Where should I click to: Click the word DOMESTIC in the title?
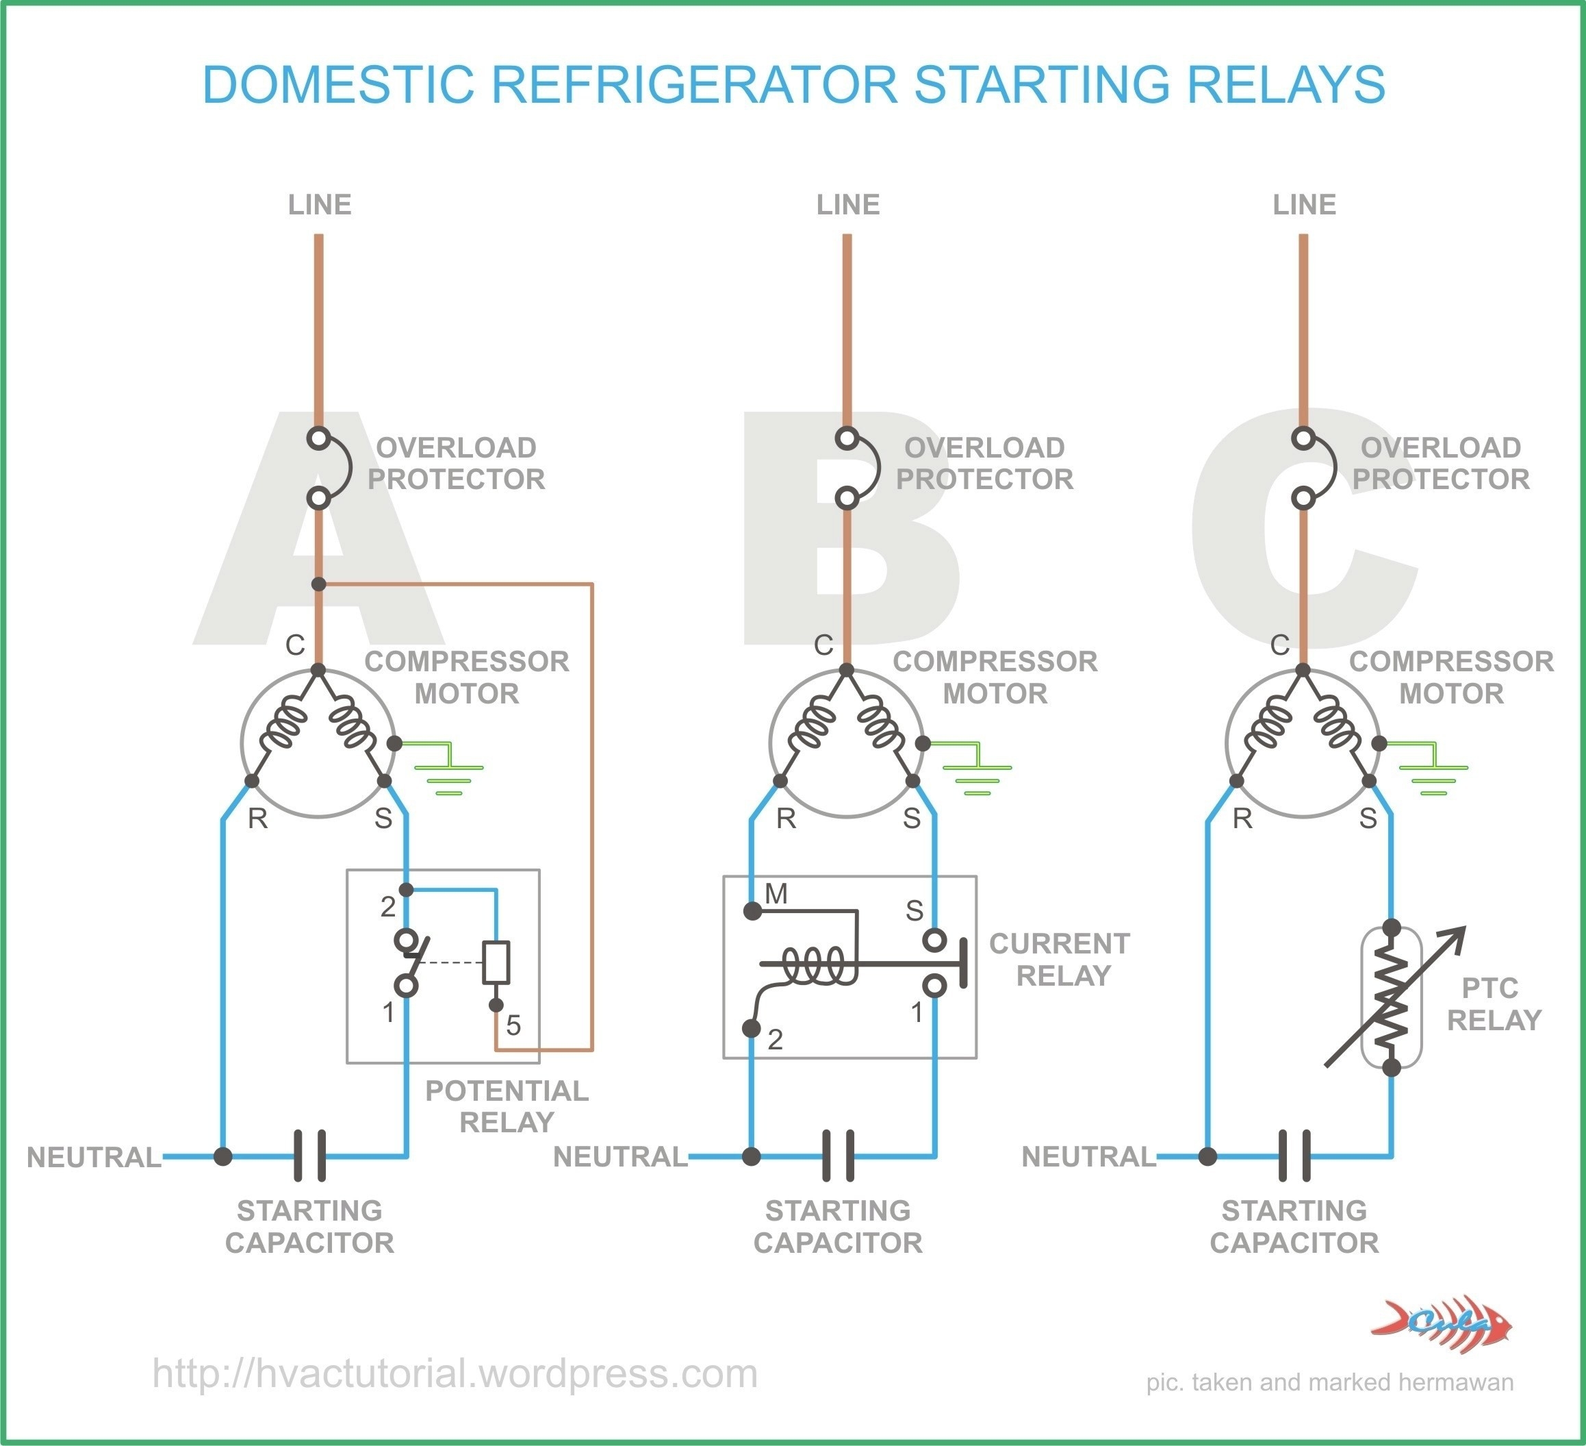pyautogui.click(x=338, y=84)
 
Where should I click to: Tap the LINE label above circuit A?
pyautogui.click(x=320, y=205)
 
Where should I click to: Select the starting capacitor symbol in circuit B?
pyautogui.click(x=838, y=1156)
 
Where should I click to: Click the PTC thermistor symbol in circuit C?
pyautogui.click(x=1391, y=998)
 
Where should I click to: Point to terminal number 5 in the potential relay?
pyautogui.click(x=513, y=1025)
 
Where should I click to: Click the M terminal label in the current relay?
pyautogui.click(x=776, y=893)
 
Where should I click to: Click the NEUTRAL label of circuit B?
pyautogui.click(x=620, y=1156)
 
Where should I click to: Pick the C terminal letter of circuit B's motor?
pyautogui.click(x=823, y=645)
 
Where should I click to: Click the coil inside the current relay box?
pyautogui.click(x=818, y=965)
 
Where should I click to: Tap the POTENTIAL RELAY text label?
pyautogui.click(x=507, y=1106)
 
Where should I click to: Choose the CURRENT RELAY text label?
pyautogui.click(x=1060, y=960)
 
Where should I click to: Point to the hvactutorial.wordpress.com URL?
pyautogui.click(x=455, y=1373)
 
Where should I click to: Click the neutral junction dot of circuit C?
pyautogui.click(x=1207, y=1156)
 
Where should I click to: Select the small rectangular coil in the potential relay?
pyautogui.click(x=496, y=962)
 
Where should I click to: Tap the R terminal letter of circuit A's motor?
pyautogui.click(x=257, y=819)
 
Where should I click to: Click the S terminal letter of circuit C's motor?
pyautogui.click(x=1368, y=819)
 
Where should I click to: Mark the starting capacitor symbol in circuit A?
pyautogui.click(x=310, y=1156)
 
